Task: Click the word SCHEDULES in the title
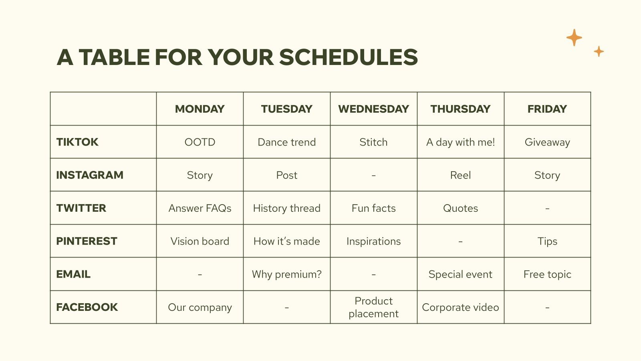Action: [348, 57]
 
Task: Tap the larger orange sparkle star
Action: [574, 38]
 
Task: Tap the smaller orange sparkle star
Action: [599, 51]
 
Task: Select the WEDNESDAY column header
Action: [373, 109]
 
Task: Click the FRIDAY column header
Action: [547, 109]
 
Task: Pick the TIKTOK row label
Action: [77, 142]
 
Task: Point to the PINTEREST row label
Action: [87, 241]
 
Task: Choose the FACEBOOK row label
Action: [87, 307]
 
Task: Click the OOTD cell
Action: [200, 142]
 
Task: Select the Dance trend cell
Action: [286, 142]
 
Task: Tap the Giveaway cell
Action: [547, 142]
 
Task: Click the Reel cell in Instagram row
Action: [460, 175]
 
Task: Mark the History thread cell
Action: [286, 208]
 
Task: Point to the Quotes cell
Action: [460, 208]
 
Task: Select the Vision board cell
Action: [200, 241]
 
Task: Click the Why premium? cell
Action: [286, 274]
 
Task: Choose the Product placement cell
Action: [373, 307]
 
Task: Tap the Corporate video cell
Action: [460, 307]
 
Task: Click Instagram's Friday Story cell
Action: [547, 175]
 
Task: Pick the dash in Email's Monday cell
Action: [200, 275]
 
